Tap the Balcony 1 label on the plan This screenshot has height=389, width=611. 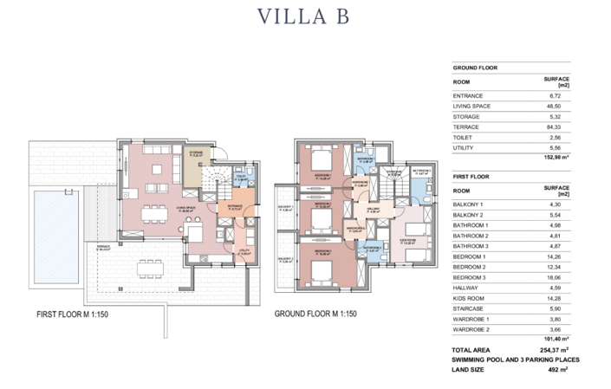(283, 209)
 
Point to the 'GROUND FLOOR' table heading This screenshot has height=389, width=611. (481, 67)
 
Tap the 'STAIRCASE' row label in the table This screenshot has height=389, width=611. (471, 308)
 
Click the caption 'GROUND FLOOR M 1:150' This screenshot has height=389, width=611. (315, 314)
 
